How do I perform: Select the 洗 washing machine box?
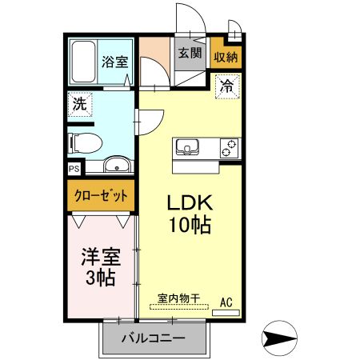(x=79, y=104)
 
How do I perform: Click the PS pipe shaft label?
(x=74, y=169)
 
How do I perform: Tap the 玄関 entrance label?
(x=189, y=54)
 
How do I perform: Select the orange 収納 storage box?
(x=226, y=57)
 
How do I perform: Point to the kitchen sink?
(x=189, y=147)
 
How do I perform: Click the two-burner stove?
(x=230, y=148)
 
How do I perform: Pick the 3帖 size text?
(x=100, y=278)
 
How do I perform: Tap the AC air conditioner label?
(x=226, y=302)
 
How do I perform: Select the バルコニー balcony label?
(x=153, y=339)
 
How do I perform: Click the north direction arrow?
(x=282, y=338)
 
